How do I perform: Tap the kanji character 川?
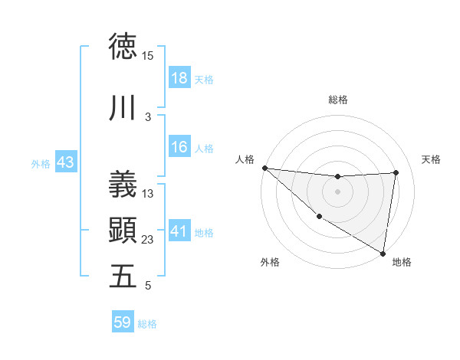[x=123, y=109]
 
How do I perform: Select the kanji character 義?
[x=123, y=183]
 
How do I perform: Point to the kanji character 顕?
[x=123, y=229]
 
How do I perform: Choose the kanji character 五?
[x=123, y=276]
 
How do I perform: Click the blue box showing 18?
[x=179, y=78]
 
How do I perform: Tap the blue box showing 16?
[x=179, y=147]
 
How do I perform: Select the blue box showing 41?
[x=179, y=231]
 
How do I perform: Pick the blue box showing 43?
[x=65, y=162]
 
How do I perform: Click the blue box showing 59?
[x=123, y=322]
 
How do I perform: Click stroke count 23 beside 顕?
[x=148, y=240]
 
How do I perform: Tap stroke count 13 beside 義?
[x=148, y=194]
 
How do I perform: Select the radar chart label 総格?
[x=337, y=100]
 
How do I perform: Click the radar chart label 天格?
[x=431, y=159]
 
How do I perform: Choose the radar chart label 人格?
[x=245, y=159]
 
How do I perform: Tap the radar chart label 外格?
[x=270, y=262]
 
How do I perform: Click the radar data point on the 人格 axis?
[x=264, y=168]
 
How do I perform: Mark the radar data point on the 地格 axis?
[x=383, y=253]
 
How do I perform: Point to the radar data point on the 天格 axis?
[x=396, y=172]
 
